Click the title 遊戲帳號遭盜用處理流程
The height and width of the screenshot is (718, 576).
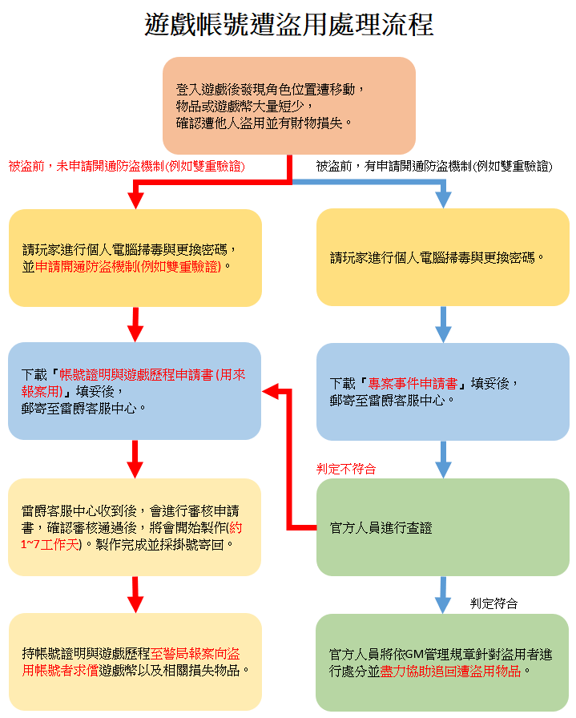tap(288, 25)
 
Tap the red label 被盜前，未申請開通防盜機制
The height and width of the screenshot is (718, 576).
tap(127, 167)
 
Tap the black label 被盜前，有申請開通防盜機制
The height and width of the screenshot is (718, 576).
tap(433, 167)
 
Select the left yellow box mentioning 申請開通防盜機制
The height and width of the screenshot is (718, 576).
tap(135, 257)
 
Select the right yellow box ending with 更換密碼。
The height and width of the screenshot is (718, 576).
tap(442, 257)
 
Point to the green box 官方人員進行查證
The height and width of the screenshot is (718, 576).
tap(442, 527)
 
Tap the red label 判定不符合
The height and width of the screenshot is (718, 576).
tap(346, 469)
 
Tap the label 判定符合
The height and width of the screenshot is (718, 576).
tap(493, 603)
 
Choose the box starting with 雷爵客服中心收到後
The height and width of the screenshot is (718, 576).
tap(135, 527)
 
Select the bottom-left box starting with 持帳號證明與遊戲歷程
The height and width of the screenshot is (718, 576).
tap(135, 661)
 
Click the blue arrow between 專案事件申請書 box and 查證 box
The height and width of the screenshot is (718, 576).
tap(443, 459)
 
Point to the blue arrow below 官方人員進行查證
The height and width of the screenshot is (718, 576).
tap(443, 595)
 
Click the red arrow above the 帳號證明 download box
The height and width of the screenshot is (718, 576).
tap(135, 325)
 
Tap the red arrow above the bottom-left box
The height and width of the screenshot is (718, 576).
tap(135, 595)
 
